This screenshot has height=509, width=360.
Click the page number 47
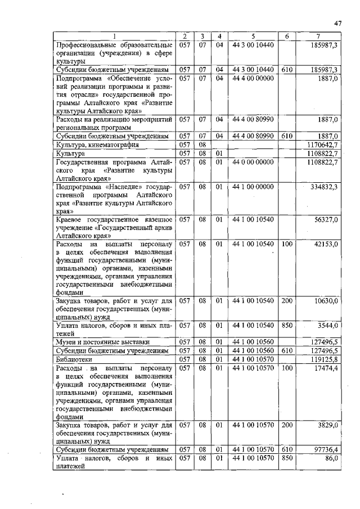pyautogui.click(x=338, y=24)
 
